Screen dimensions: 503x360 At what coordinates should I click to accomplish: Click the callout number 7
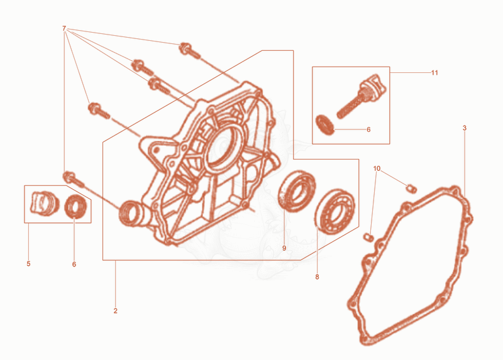[64, 28]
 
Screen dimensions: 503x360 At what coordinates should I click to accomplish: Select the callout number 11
[434, 73]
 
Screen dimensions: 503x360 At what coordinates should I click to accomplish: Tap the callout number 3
[465, 128]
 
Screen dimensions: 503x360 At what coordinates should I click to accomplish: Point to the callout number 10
[377, 168]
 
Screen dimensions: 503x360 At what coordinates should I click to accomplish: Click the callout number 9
[284, 248]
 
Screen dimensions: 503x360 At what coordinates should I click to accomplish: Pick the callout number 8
[318, 277]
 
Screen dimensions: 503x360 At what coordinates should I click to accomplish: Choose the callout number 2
[116, 311]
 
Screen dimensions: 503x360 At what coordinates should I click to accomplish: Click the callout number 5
[28, 264]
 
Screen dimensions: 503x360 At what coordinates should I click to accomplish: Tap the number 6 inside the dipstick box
[368, 129]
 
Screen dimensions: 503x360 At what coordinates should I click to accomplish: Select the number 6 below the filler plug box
[74, 265]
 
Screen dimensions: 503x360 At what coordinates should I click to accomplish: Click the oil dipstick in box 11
[362, 96]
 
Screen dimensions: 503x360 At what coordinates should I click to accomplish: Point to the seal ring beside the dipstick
[325, 124]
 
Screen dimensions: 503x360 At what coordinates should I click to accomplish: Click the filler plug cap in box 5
[45, 203]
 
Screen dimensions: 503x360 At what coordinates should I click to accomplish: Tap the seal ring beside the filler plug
[75, 207]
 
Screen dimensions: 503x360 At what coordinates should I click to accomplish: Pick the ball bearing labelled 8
[334, 211]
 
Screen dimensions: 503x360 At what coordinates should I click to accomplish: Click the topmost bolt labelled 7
[190, 51]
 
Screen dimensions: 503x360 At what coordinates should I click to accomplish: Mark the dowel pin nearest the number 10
[412, 189]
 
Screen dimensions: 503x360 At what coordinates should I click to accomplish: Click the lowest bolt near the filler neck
[74, 179]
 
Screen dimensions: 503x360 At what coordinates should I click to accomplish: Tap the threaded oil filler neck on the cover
[132, 212]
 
